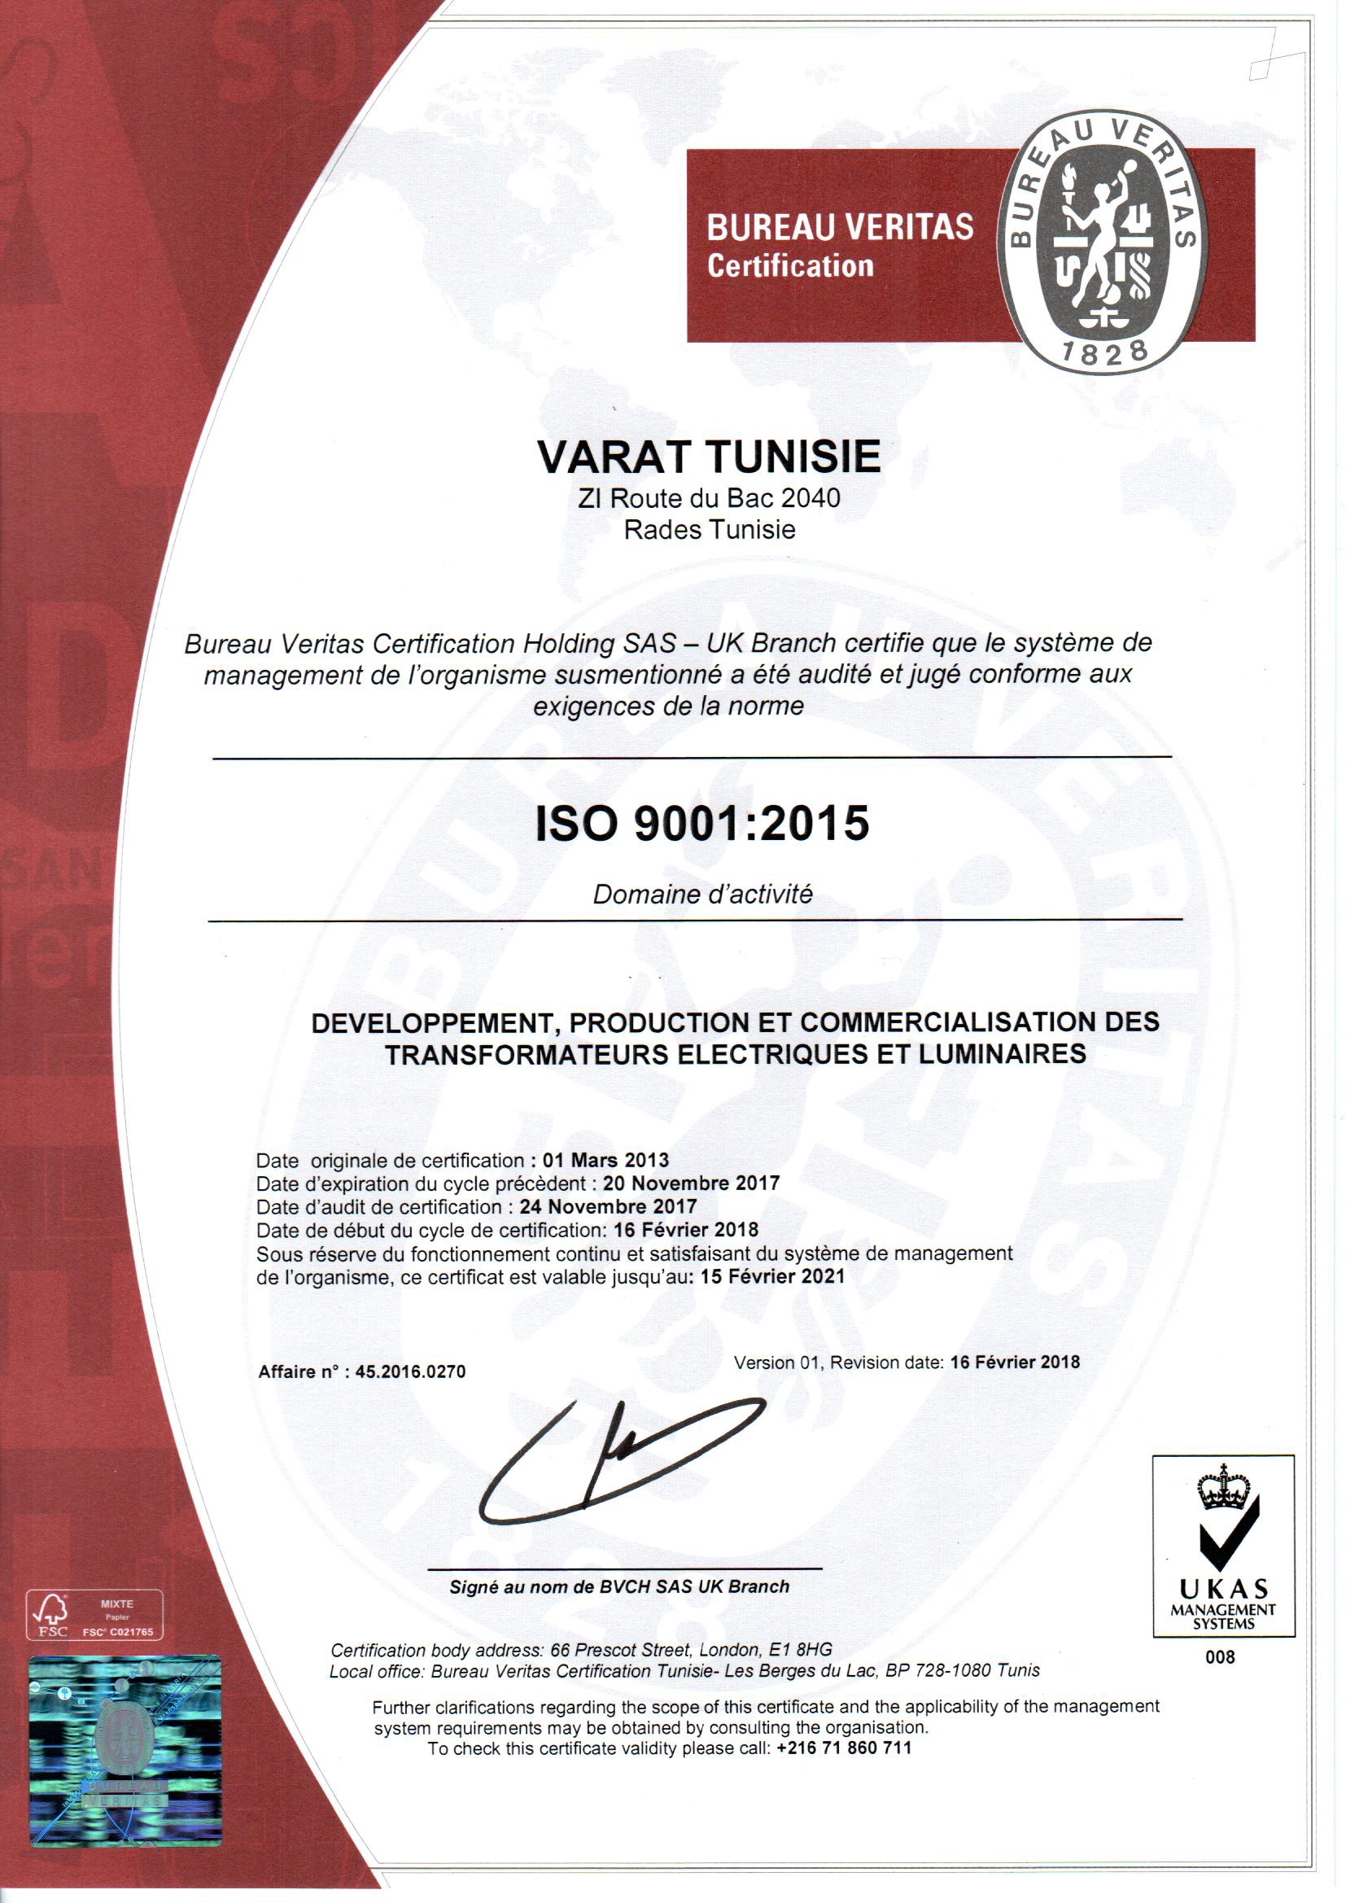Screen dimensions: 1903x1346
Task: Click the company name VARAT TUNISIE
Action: click(709, 457)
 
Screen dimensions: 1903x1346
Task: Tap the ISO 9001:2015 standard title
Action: click(702, 823)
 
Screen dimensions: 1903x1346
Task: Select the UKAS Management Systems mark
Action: click(1223, 1546)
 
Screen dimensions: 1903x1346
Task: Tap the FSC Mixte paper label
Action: click(95, 1615)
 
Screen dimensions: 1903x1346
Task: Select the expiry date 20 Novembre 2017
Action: click(691, 1183)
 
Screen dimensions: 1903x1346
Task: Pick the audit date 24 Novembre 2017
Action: click(609, 1207)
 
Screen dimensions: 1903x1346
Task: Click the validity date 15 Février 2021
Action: click(772, 1276)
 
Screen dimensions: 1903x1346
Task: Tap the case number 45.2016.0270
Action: click(410, 1371)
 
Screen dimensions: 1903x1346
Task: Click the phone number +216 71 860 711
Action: click(844, 1748)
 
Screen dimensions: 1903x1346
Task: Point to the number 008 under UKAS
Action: click(1220, 1657)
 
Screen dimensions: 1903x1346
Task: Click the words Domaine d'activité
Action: click(703, 895)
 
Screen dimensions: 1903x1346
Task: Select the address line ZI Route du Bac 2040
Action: click(709, 498)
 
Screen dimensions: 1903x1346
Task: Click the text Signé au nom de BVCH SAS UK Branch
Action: click(619, 1586)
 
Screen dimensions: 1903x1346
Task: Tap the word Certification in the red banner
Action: click(790, 266)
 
